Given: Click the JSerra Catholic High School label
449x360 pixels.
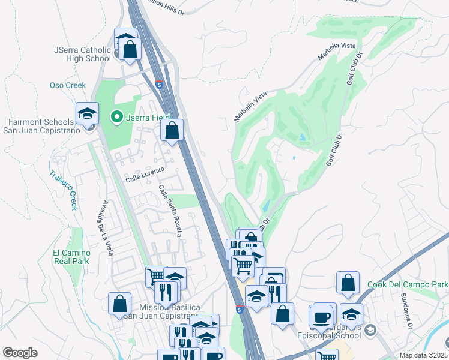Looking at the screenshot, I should click(x=83, y=54).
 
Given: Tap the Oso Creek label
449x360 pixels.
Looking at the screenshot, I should click(x=68, y=85).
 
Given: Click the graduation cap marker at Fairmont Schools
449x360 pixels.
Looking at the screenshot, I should click(x=87, y=113).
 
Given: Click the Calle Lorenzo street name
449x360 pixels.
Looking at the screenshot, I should click(x=145, y=179).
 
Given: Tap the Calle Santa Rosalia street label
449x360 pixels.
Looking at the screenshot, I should click(x=169, y=210).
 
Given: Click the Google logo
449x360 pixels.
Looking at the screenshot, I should click(x=20, y=353).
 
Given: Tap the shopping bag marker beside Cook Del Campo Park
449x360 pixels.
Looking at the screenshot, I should click(x=348, y=283).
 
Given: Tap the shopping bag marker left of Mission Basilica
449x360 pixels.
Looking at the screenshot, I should click(x=120, y=304).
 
